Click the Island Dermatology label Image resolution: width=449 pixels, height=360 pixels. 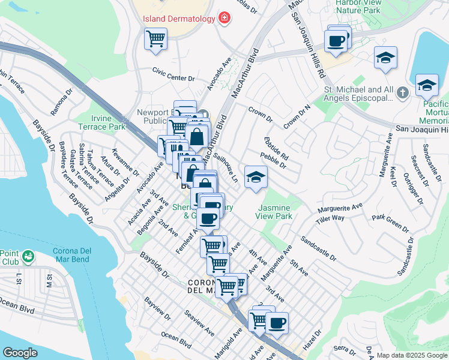point(178,19)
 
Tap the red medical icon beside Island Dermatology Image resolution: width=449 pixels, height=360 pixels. point(224,19)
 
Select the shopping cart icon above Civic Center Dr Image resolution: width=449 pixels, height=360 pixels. point(155,39)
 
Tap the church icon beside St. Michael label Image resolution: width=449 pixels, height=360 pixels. point(402,92)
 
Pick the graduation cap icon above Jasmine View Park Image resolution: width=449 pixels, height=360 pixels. point(256,177)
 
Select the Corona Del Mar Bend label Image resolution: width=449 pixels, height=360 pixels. point(64,259)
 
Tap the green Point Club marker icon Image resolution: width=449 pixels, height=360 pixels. point(28,257)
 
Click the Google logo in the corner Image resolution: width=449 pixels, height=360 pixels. point(20,353)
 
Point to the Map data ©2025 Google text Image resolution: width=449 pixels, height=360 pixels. point(411,355)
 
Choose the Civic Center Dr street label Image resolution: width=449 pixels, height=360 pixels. point(173,78)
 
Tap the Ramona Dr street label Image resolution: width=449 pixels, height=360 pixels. point(61,103)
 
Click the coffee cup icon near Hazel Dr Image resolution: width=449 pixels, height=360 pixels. point(277,323)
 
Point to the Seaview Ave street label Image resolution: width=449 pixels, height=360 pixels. point(200,323)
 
